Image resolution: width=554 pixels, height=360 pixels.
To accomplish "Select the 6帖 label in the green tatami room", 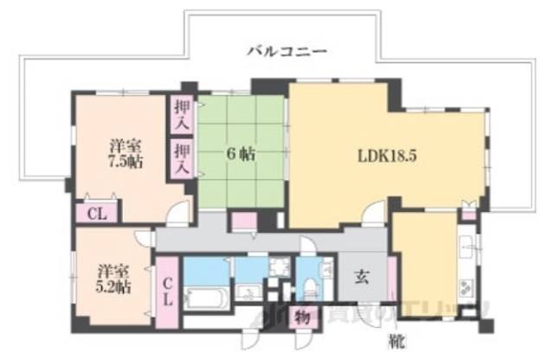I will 241,155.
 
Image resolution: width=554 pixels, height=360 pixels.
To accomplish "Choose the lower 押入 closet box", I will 181,159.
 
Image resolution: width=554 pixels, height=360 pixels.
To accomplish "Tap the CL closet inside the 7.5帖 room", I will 96,212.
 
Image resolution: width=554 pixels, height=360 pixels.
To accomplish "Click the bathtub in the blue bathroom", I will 206,299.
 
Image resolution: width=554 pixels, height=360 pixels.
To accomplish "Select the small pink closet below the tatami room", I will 240,220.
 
